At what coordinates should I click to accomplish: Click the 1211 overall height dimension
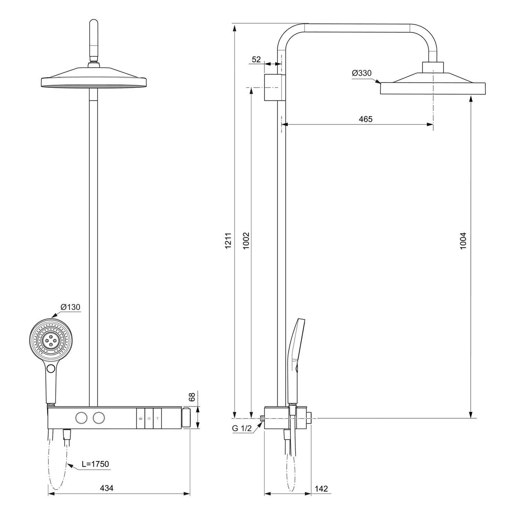click(x=228, y=240)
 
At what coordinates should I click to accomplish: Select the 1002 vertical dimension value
click(x=246, y=241)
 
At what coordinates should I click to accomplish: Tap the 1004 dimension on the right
click(x=463, y=241)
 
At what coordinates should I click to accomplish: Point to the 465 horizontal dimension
click(x=365, y=119)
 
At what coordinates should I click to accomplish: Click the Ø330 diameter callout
click(x=362, y=73)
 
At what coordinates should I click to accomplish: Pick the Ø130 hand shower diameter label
click(x=70, y=307)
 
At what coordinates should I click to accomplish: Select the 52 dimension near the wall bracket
click(x=256, y=59)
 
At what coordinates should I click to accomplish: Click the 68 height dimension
click(x=192, y=397)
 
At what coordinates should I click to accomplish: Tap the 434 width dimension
click(x=106, y=488)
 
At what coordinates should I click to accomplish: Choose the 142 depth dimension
click(x=321, y=489)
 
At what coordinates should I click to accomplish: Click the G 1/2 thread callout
click(x=242, y=428)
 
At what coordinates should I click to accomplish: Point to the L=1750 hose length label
click(x=95, y=464)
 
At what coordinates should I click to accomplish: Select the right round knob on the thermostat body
click(x=99, y=417)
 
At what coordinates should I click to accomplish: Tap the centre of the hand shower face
click(x=51, y=340)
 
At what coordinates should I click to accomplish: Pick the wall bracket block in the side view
click(x=274, y=88)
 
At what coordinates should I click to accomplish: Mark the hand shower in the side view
click(x=297, y=357)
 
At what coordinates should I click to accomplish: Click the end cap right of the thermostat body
click(x=186, y=417)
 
